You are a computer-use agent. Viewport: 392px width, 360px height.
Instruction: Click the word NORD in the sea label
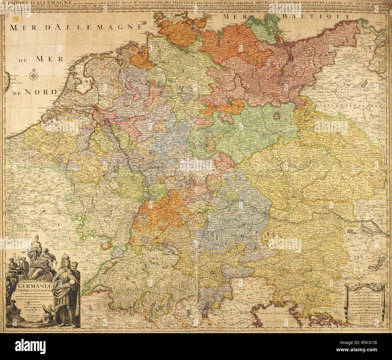pyautogui.click(x=44, y=92)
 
